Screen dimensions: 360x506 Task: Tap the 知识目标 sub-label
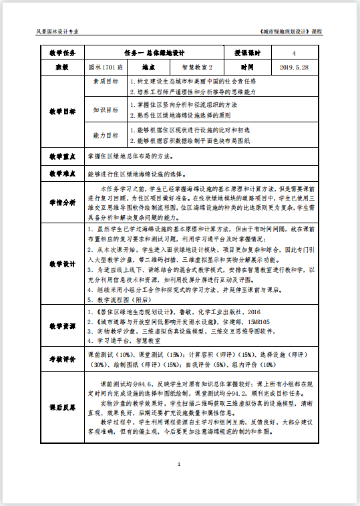click(x=106, y=110)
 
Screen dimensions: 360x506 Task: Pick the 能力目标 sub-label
click(x=106, y=136)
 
